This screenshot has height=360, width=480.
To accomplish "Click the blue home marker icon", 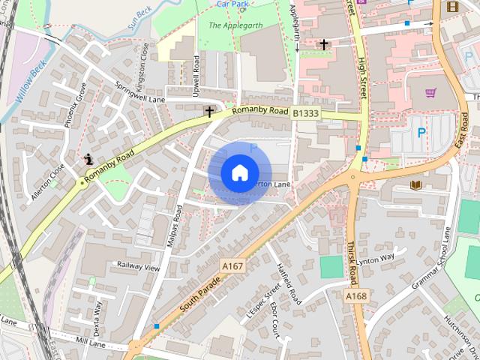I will coord(239,172).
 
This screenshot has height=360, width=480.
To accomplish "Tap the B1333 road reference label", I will coord(305,113).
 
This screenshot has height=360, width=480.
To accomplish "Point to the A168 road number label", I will coord(356,297).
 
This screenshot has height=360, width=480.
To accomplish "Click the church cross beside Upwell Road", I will coord(209,112).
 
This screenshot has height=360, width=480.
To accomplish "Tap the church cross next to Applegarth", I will coord(324,45).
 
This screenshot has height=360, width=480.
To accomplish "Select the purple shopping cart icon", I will coord(430,93).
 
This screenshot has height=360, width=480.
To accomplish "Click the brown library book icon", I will coord(416,184).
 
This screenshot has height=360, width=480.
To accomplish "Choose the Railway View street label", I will coord(138,265).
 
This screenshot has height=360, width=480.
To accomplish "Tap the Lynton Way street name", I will coord(375,259).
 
